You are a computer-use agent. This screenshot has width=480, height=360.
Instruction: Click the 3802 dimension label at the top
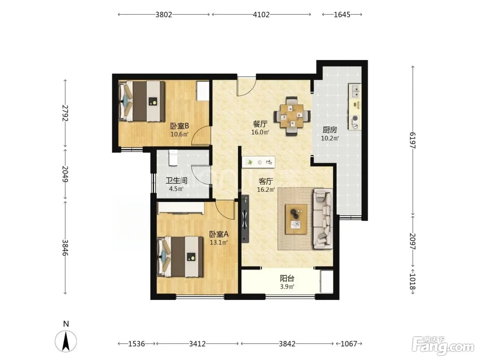coord(164,15)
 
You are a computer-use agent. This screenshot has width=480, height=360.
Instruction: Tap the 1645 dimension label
coord(342,15)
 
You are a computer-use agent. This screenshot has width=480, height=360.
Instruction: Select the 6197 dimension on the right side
coord(412,140)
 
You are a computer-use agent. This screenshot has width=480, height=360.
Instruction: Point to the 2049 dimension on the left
coord(65,174)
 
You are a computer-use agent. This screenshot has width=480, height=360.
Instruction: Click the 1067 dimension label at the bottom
coord(349,344)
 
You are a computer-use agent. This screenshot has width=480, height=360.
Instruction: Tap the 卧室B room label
coord(179,126)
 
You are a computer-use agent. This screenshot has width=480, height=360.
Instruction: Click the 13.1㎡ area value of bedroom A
coord(219,242)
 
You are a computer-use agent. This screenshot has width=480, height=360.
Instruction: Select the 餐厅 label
coord(260,124)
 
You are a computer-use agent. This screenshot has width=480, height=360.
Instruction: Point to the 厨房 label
coord(329,130)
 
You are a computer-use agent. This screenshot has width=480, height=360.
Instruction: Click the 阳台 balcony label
coord(287,278)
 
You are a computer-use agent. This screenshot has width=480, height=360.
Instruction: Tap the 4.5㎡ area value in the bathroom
coord(176,189)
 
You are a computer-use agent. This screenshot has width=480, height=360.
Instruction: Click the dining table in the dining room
coord(292,116)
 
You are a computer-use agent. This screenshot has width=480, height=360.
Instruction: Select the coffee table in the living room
coord(296,219)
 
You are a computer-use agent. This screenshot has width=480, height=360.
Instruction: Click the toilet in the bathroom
coord(173,158)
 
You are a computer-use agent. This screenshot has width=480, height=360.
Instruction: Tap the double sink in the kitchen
coord(355,91)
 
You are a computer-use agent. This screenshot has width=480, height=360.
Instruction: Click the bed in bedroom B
coord(142,101)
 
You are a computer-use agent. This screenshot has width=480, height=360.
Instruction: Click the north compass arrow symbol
coord(65,341)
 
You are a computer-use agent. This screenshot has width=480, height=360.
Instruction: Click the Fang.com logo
coord(443,346)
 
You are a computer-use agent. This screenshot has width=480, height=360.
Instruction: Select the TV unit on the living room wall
coord(245,219)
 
